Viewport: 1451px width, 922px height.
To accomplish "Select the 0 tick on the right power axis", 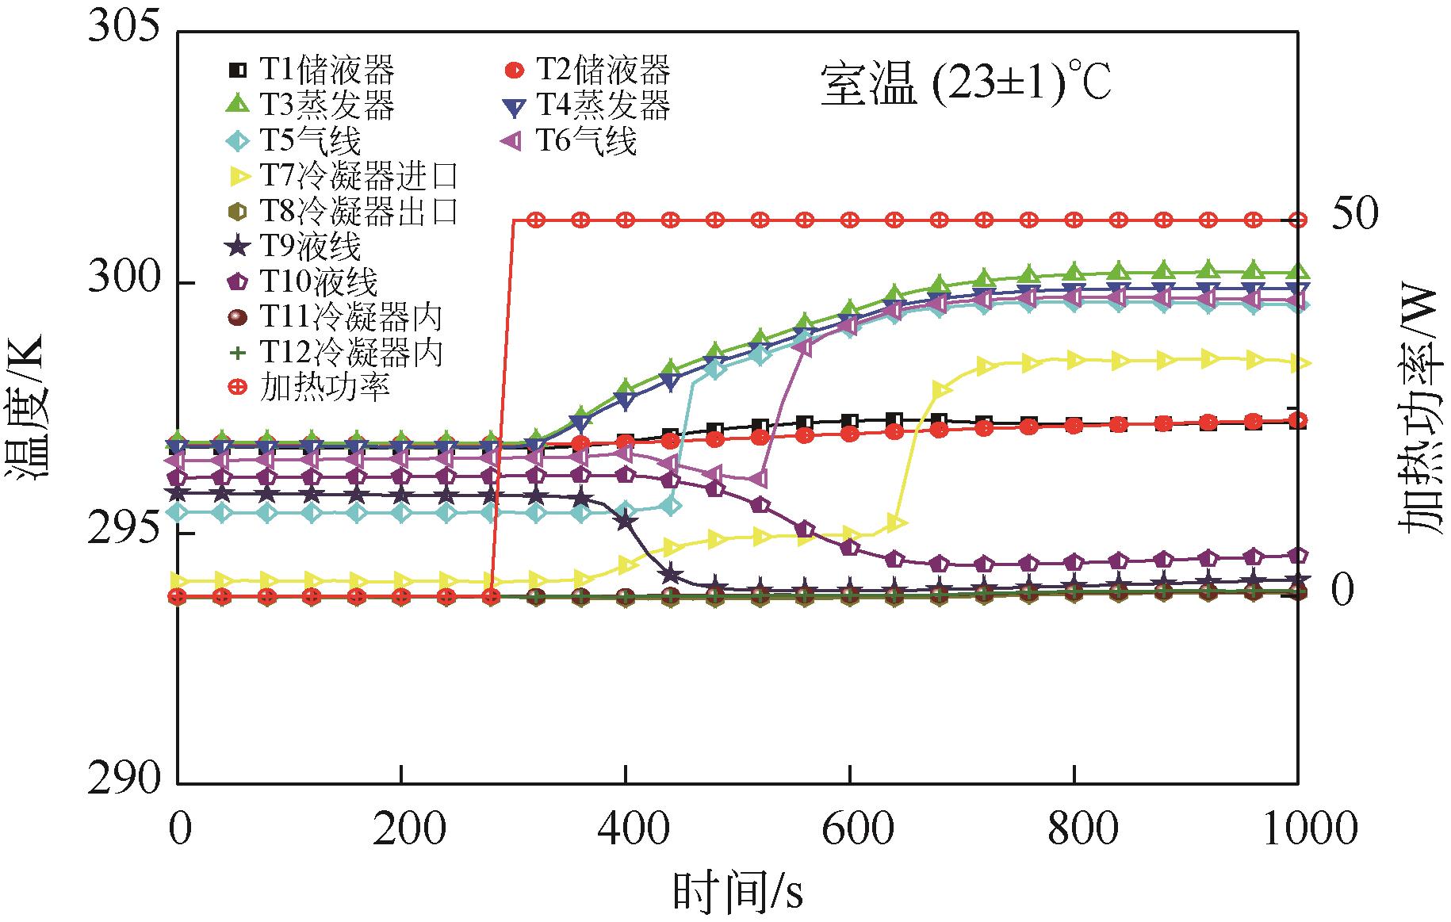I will click(x=1342, y=591).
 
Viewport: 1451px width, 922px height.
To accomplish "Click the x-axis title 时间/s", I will click(x=737, y=892).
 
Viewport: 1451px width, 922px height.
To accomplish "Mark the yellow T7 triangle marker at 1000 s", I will click(x=1298, y=363).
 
